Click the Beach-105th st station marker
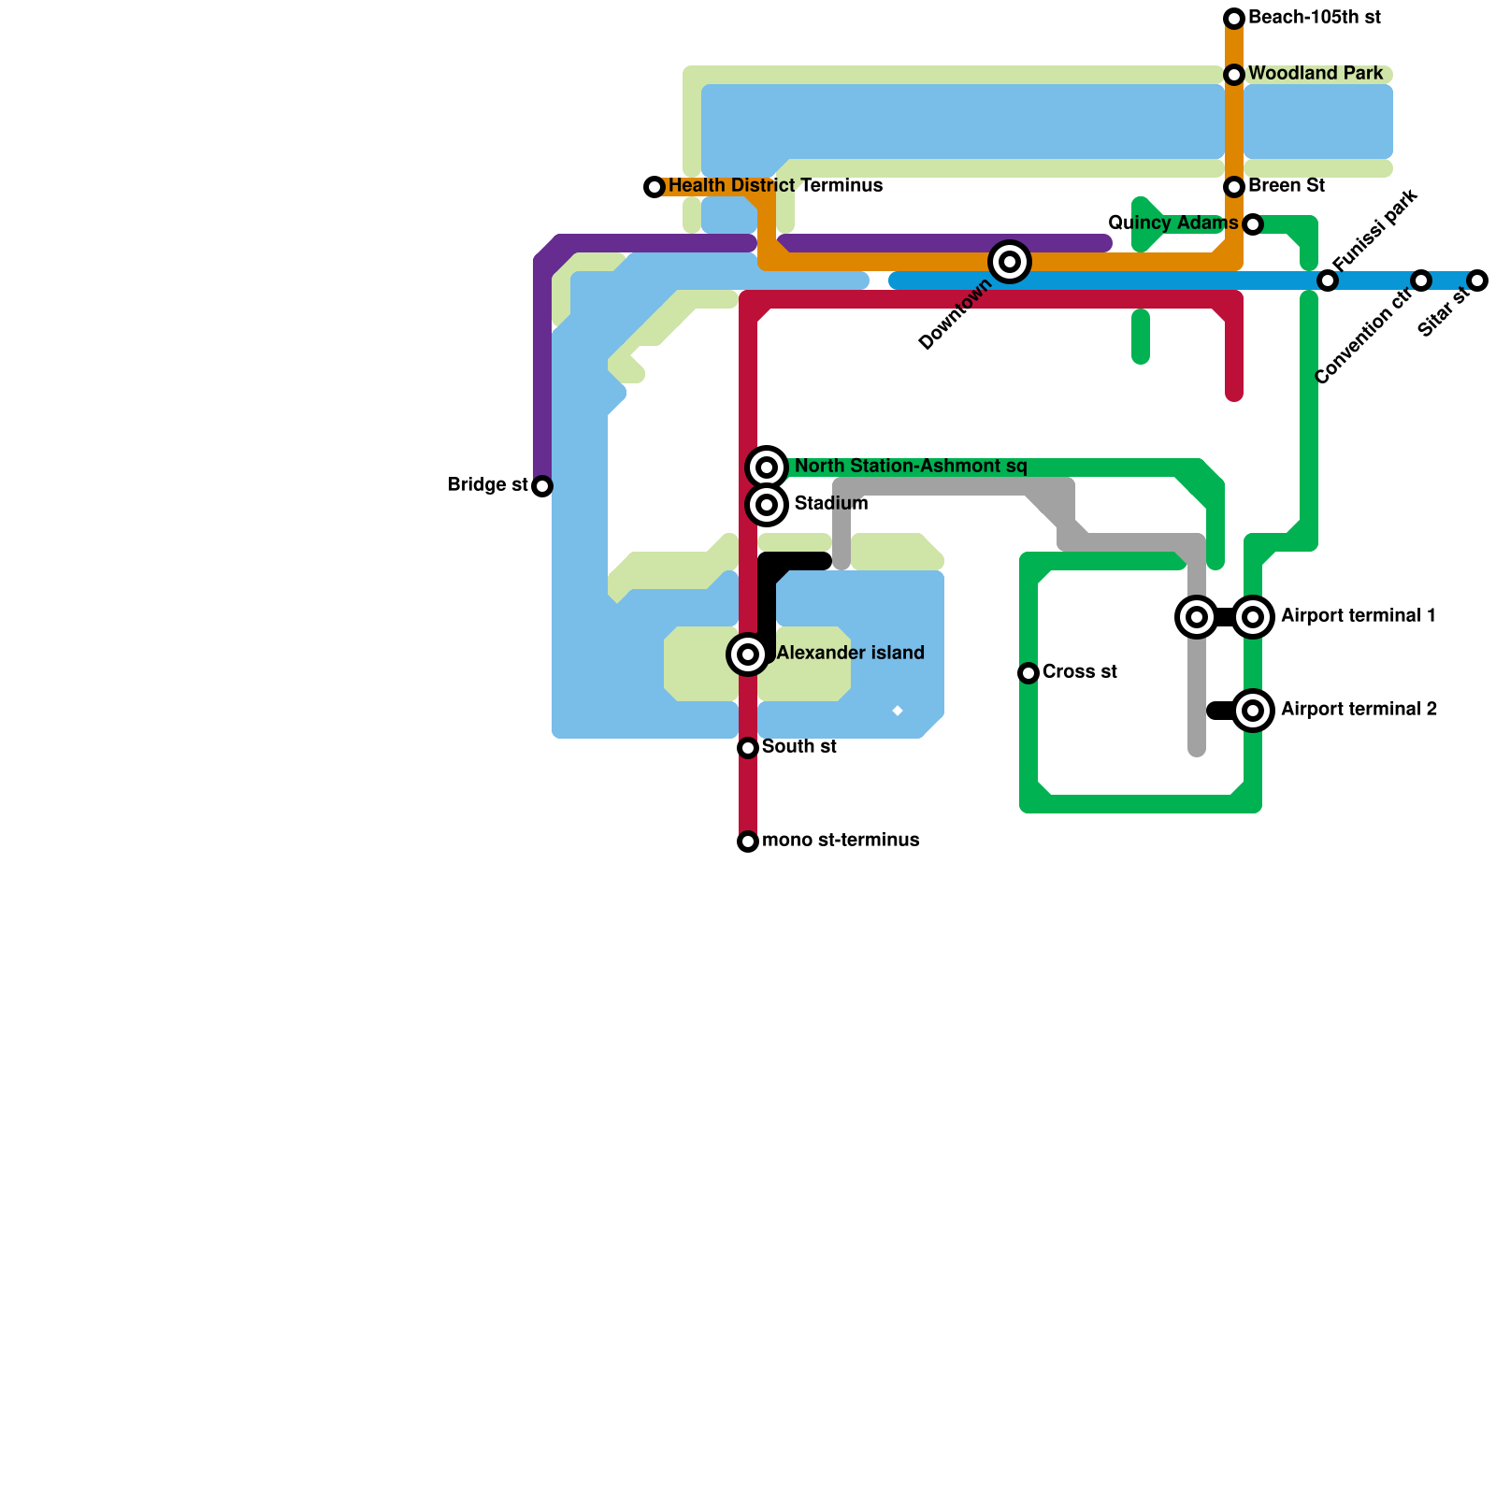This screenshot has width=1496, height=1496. pyautogui.click(x=1234, y=19)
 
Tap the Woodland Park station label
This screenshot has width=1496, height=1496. pyautogui.click(x=1315, y=74)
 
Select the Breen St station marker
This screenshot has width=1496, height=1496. pyautogui.click(x=1234, y=187)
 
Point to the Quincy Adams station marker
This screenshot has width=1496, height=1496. pyautogui.click(x=1253, y=224)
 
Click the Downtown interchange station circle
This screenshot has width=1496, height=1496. pyautogui.click(x=1010, y=262)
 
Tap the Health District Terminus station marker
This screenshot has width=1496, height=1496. pyautogui.click(x=654, y=187)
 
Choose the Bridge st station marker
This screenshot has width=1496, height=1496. pyautogui.click(x=542, y=486)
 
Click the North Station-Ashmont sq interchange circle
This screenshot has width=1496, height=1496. pyautogui.click(x=767, y=467)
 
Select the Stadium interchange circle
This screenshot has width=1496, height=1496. pyautogui.click(x=767, y=505)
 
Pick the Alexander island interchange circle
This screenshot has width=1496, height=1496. pyautogui.click(x=748, y=654)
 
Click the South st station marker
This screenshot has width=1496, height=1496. pyautogui.click(x=748, y=748)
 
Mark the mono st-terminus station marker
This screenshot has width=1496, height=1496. pyautogui.click(x=748, y=841)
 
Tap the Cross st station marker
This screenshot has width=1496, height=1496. pyautogui.click(x=1028, y=673)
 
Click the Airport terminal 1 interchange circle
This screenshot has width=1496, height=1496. pyautogui.click(x=1253, y=617)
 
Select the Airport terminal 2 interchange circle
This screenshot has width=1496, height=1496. pyautogui.click(x=1253, y=711)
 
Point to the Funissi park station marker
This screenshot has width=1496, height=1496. pyautogui.click(x=1328, y=280)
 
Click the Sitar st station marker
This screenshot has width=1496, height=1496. pyautogui.click(x=1477, y=280)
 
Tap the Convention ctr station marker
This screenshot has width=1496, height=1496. pyautogui.click(x=1421, y=280)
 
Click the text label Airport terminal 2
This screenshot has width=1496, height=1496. pyautogui.click(x=1359, y=710)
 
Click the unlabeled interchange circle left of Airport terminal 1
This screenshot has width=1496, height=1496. pyautogui.click(x=1197, y=617)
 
